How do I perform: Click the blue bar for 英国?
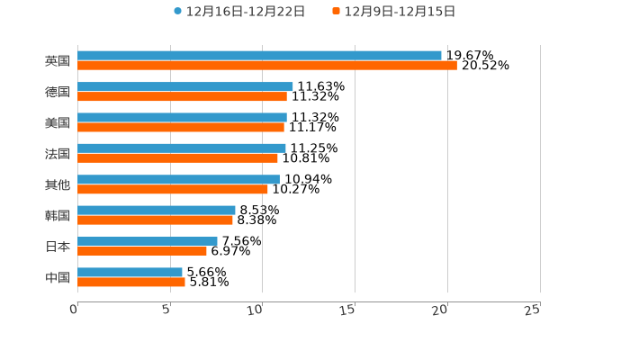click(x=259, y=56)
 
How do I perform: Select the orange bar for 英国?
click(x=267, y=66)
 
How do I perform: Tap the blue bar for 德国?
click(x=184, y=86)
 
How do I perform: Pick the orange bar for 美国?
click(x=181, y=127)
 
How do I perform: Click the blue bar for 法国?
click(x=182, y=148)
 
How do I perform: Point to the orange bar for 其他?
click(x=173, y=189)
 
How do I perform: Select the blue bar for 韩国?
click(x=157, y=210)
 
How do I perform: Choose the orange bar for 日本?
click(x=142, y=251)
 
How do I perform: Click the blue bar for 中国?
click(x=130, y=272)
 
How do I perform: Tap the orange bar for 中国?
click(x=131, y=282)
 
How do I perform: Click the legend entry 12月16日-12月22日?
click(x=239, y=12)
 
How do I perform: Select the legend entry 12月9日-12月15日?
click(x=394, y=12)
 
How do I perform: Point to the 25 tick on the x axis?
click(x=533, y=310)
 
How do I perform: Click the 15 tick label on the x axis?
click(x=348, y=310)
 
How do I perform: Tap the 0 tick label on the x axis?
click(x=74, y=310)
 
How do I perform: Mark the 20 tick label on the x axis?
click(x=440, y=310)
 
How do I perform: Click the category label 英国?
click(x=58, y=61)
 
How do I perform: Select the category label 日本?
click(x=58, y=247)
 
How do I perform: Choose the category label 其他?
click(x=58, y=184)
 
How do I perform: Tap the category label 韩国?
click(x=58, y=215)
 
